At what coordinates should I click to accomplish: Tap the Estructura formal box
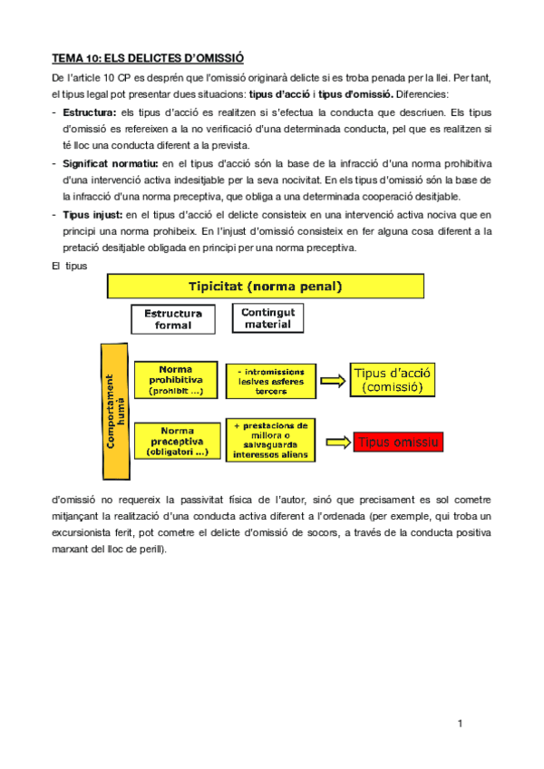coord(172,319)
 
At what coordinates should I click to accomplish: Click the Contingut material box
coord(267,318)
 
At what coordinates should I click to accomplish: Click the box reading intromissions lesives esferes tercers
coord(268,381)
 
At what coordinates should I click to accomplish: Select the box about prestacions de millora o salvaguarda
coord(270,440)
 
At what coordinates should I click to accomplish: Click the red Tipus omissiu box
coord(398,442)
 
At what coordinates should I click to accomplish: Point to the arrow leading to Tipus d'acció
coord(332,381)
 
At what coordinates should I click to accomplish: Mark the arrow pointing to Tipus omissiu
coord(336,442)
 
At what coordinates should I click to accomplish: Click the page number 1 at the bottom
coord(461,723)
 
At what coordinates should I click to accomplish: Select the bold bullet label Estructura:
coord(89,112)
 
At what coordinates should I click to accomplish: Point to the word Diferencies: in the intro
coord(428,94)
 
